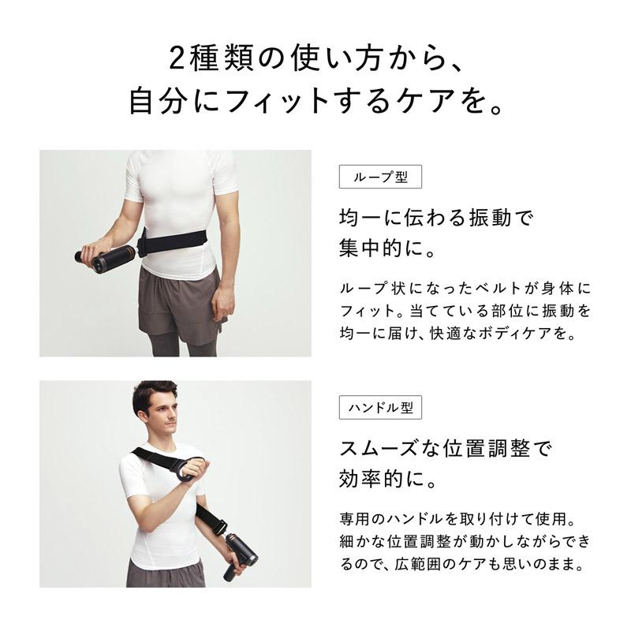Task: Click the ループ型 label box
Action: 380,177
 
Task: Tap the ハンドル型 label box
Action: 380,408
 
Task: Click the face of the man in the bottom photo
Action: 159,413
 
